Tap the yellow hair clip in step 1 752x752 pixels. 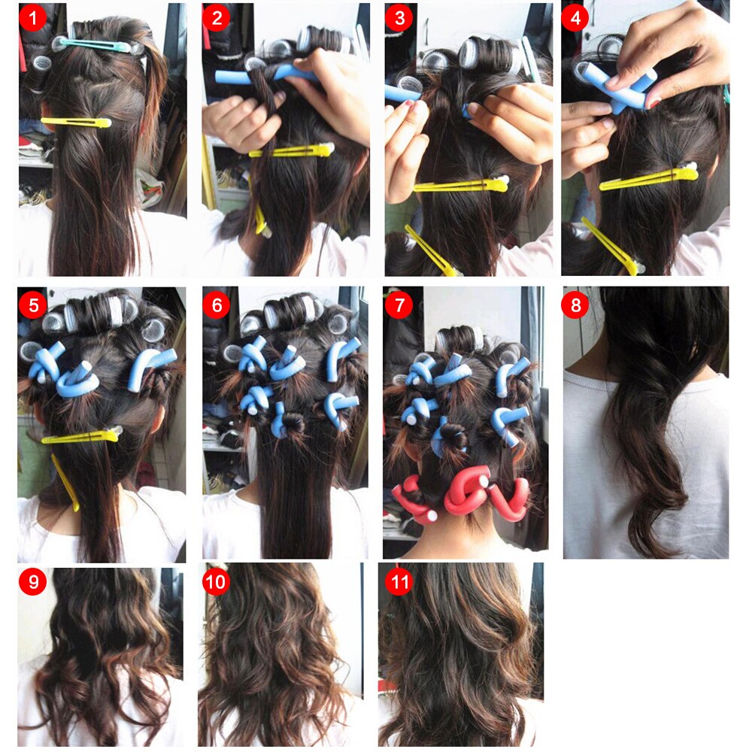coord(75,121)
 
